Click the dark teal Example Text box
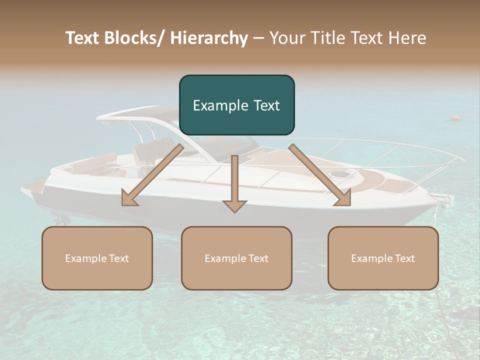pyautogui.click(x=236, y=105)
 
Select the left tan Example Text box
pyautogui.click(x=97, y=258)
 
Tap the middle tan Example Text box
pyautogui.click(x=236, y=258)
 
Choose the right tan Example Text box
pyautogui.click(x=383, y=258)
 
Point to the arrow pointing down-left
pyautogui.click(x=152, y=175)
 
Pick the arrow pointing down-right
pyautogui.click(x=320, y=175)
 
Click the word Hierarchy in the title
pyautogui.click(x=209, y=38)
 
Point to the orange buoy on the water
pyautogui.click(x=455, y=118)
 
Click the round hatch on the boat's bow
pyautogui.click(x=340, y=174)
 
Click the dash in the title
pyautogui.click(x=258, y=38)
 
